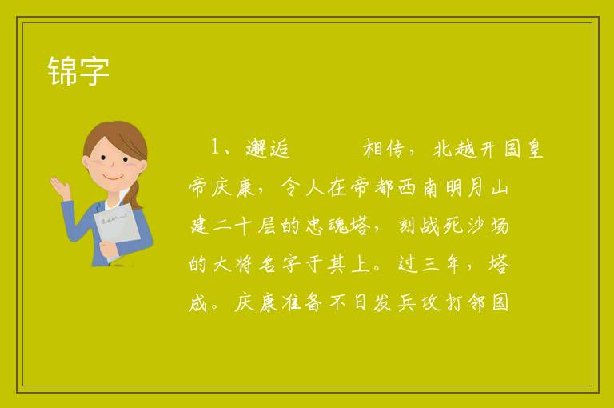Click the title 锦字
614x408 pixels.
point(78,71)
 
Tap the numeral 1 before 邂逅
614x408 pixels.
point(216,146)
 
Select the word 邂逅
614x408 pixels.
point(268,149)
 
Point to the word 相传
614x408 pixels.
point(384,149)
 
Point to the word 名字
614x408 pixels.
point(280,264)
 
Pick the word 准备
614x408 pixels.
point(302,302)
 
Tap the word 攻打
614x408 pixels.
point(441,302)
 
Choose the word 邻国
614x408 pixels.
point(488,302)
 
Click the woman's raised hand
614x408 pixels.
point(61,187)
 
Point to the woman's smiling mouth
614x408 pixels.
point(112,177)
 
